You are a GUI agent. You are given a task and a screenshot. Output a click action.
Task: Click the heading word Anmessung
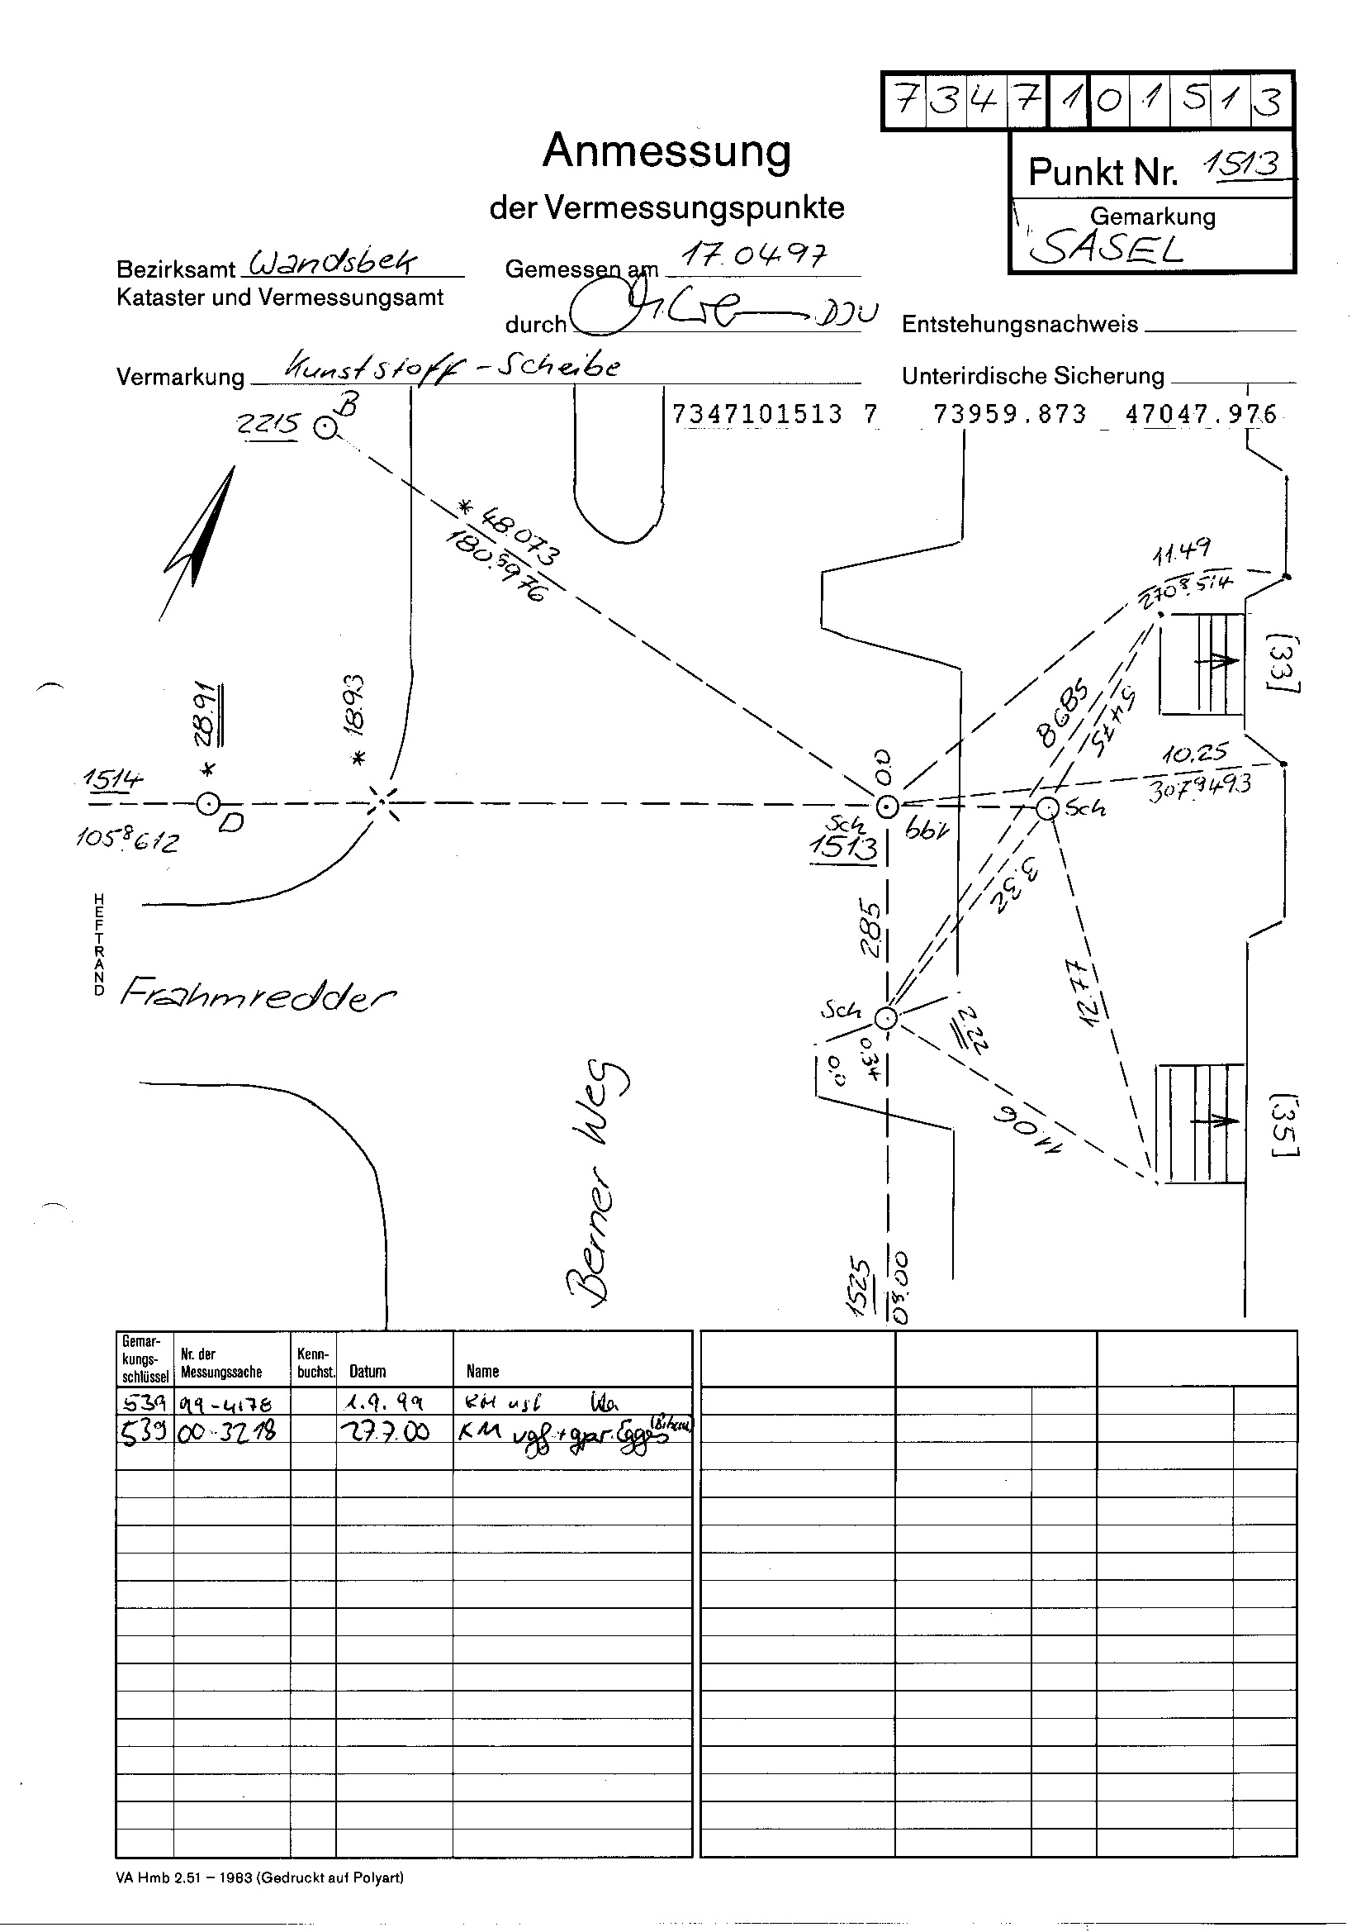(x=667, y=152)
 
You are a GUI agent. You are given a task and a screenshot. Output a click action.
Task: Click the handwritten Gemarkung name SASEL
(x=1106, y=247)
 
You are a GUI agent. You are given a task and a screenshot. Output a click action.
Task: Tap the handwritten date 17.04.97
(x=753, y=255)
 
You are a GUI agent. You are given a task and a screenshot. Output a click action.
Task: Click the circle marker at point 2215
(x=325, y=429)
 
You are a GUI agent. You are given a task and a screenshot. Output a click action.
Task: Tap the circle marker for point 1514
(x=208, y=804)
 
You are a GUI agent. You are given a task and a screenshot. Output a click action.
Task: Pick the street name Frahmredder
(x=258, y=996)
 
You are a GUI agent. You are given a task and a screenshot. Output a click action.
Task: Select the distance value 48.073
(x=510, y=533)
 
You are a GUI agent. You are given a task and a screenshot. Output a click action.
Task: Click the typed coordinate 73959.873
(x=1010, y=414)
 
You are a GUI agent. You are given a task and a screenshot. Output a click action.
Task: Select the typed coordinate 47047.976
(x=1201, y=414)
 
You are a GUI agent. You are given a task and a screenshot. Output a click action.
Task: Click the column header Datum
(x=368, y=1371)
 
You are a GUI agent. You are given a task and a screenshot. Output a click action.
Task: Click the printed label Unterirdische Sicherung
(x=1033, y=376)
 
